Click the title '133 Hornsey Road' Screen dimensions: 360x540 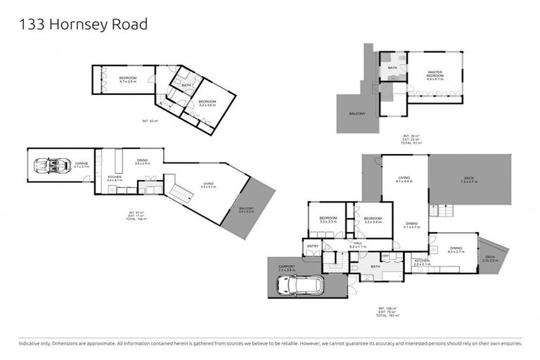point(83,25)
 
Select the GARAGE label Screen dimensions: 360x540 point(82,165)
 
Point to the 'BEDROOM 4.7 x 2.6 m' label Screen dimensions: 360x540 point(127,79)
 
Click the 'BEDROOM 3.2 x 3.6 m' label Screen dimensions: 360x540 point(207,103)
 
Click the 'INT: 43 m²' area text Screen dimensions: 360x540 point(150,122)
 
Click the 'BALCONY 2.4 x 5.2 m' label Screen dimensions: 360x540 point(246,209)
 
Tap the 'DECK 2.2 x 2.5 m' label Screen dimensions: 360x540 point(489,258)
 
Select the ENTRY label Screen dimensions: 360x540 point(312,246)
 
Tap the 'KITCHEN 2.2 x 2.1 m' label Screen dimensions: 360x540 point(422,262)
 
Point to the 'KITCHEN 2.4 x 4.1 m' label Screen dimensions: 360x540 point(115,179)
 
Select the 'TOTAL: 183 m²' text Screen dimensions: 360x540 point(387,316)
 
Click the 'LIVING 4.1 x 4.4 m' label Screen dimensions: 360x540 point(404,179)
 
